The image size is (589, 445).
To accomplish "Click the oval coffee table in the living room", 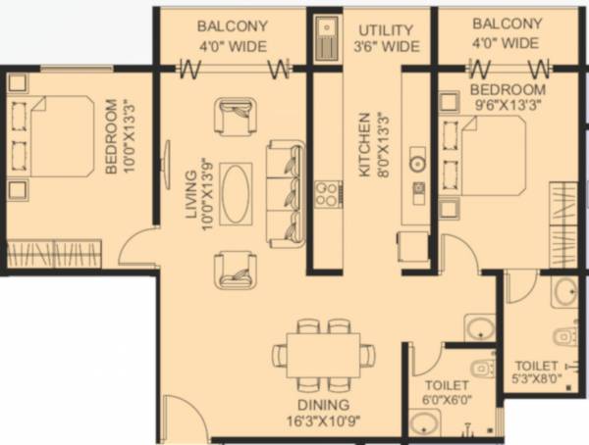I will (x=236, y=193).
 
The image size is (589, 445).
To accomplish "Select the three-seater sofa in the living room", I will (x=286, y=191).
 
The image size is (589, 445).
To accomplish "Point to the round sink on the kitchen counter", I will (x=417, y=164).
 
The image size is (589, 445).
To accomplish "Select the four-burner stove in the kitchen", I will (x=326, y=193).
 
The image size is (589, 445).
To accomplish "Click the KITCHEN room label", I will (x=365, y=144).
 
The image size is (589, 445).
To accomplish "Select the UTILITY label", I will (x=385, y=28).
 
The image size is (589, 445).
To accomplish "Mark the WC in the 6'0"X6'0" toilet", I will (x=481, y=369).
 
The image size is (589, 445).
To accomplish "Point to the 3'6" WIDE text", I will (x=387, y=46).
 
